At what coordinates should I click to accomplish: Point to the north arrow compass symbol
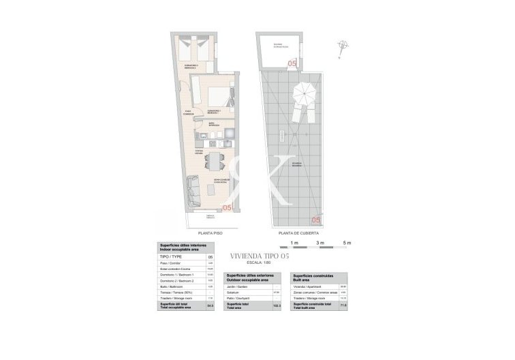[x=341, y=46]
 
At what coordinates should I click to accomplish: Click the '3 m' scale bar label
[x=321, y=243]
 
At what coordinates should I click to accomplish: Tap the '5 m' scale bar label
[x=347, y=243]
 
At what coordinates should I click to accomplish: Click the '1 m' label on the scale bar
[x=294, y=243]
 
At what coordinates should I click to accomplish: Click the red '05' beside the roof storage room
[x=292, y=63]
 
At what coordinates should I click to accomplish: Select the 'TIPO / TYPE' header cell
[x=171, y=257]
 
